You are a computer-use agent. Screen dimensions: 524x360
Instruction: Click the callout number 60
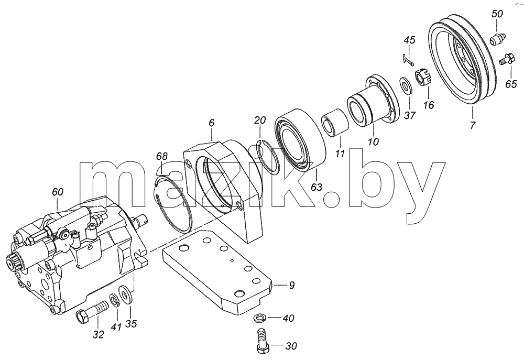[x=58, y=192]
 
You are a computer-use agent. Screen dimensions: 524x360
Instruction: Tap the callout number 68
[x=162, y=156]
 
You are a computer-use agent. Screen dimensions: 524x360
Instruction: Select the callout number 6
[x=211, y=123]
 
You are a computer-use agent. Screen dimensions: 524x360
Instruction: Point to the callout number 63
[x=316, y=187]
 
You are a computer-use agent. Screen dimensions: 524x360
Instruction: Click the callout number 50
[x=497, y=14]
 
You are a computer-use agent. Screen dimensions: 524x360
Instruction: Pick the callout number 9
[x=292, y=285]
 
